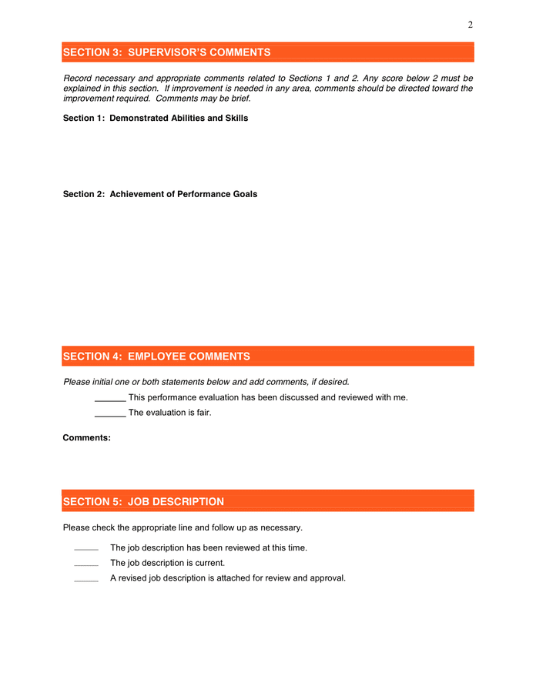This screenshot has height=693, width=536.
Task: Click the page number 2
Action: [470, 25]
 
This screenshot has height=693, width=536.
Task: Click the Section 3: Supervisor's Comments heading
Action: [166, 52]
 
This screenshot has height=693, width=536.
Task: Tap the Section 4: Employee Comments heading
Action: [156, 357]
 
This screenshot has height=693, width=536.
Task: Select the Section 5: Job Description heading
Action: [143, 501]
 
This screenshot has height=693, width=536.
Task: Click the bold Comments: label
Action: [86, 437]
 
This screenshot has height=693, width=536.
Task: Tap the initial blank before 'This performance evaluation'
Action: [110, 399]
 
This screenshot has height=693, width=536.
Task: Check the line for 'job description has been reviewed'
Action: [85, 549]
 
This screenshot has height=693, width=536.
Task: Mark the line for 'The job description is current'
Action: [85, 564]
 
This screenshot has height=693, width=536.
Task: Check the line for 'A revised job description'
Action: [85, 579]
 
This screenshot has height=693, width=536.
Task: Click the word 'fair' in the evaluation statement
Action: [202, 413]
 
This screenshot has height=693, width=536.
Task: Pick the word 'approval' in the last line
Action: [327, 577]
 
